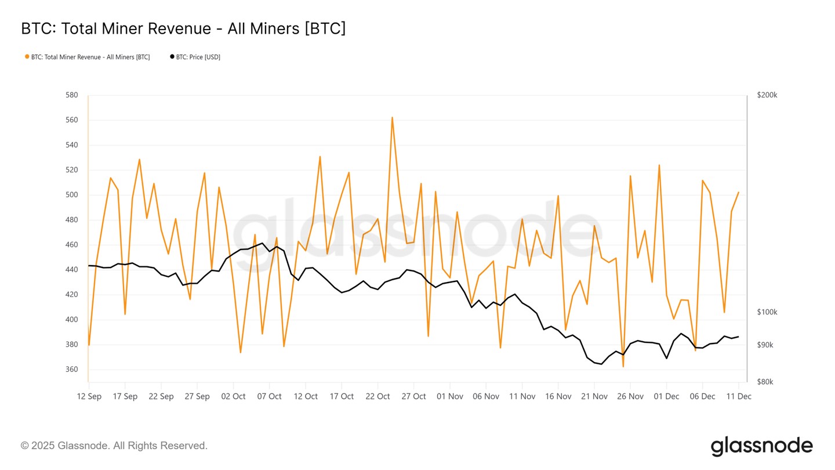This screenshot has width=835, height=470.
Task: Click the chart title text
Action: (183, 28)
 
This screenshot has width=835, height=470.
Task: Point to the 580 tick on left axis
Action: (72, 95)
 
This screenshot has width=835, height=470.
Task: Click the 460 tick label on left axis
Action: (72, 245)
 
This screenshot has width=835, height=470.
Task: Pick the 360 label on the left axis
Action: (72, 370)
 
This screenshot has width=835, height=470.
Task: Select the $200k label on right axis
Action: (767, 95)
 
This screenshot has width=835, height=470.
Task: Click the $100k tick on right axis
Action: (767, 312)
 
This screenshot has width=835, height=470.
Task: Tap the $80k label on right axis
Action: (765, 382)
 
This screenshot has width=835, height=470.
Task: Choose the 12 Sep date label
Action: (89, 396)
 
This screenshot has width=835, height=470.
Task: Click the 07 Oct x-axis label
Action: (269, 396)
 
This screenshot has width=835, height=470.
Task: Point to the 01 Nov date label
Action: (450, 396)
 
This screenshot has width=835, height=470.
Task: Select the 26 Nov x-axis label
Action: (630, 396)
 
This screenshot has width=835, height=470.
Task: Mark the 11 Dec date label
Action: (738, 396)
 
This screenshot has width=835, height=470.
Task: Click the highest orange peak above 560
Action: (392, 117)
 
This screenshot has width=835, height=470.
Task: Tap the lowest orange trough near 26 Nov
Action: (623, 367)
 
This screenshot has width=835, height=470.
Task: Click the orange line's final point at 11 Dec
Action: (738, 192)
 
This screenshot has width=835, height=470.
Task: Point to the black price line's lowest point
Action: (601, 364)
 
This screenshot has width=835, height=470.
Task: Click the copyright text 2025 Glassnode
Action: (114, 446)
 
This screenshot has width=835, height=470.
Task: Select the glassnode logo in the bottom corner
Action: (761, 446)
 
